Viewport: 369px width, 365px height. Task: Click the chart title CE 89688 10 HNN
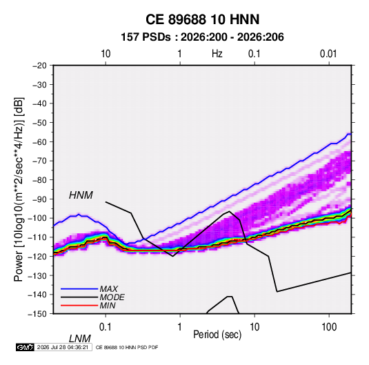(x=202, y=19)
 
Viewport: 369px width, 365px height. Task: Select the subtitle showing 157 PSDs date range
(x=202, y=37)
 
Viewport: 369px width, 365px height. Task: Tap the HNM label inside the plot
(x=81, y=195)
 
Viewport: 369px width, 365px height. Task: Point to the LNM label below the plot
(x=80, y=339)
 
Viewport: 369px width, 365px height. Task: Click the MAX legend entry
(x=108, y=288)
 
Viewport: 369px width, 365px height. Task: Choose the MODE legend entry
(x=112, y=297)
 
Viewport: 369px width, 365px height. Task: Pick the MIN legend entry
(x=108, y=306)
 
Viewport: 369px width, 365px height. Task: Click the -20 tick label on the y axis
(x=39, y=66)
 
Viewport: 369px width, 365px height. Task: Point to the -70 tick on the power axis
(x=39, y=161)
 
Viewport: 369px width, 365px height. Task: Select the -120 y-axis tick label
(x=37, y=257)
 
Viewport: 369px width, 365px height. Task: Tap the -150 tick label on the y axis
(x=37, y=314)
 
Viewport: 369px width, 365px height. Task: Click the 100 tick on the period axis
(x=329, y=327)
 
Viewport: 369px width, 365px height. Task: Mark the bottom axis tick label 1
(x=180, y=327)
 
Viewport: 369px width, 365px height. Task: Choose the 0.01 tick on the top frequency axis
(x=328, y=54)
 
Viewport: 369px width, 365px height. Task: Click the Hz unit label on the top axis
(x=217, y=54)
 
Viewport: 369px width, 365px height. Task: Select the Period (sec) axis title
(x=217, y=335)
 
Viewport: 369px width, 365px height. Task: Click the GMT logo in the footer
(x=26, y=347)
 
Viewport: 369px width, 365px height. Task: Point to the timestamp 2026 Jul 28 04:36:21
(x=63, y=347)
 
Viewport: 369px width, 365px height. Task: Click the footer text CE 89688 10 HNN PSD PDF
(x=127, y=347)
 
